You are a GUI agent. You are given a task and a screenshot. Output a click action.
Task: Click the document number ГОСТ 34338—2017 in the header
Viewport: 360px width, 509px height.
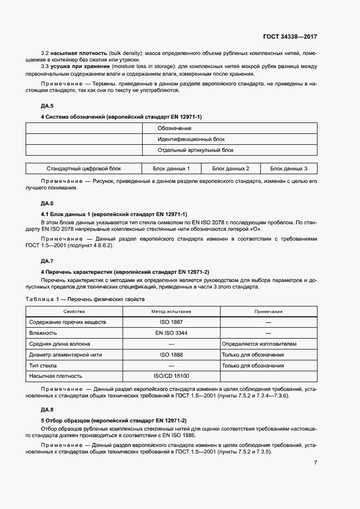pyautogui.click(x=290, y=36)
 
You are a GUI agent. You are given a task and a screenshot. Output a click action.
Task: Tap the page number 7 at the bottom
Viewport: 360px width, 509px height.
pyautogui.click(x=315, y=463)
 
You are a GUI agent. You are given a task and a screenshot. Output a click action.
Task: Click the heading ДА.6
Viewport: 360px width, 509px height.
pyautogui.click(x=48, y=203)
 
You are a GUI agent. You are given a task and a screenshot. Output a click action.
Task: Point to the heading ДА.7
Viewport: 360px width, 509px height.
pyautogui.click(x=48, y=260)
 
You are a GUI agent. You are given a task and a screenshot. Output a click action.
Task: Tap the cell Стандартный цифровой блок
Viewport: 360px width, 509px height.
pyautogui.click(x=84, y=169)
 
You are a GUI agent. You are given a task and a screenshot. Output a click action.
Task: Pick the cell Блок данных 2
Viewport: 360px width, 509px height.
pyautogui.click(x=231, y=169)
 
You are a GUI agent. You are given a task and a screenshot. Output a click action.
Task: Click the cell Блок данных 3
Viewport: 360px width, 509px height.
pyautogui.click(x=289, y=169)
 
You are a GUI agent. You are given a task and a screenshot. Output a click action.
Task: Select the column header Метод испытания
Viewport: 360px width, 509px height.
pyautogui.click(x=171, y=311)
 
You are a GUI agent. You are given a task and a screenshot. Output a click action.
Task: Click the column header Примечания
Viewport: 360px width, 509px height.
pyautogui.click(x=268, y=311)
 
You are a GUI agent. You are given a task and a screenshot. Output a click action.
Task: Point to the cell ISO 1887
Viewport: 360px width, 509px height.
pyautogui.click(x=171, y=322)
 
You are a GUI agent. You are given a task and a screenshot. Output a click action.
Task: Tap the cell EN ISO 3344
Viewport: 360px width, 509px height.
pyautogui.click(x=171, y=333)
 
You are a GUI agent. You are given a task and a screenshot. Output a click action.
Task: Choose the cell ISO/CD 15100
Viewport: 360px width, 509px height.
pyautogui.click(x=171, y=376)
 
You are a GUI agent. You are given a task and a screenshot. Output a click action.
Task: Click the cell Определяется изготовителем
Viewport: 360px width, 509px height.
pyautogui.click(x=259, y=344)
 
